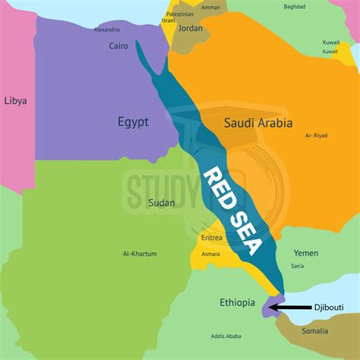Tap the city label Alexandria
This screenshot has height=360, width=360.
(x=107, y=30)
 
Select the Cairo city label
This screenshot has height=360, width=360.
(x=118, y=46)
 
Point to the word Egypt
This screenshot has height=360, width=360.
(x=133, y=122)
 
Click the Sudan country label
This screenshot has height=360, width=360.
(x=162, y=202)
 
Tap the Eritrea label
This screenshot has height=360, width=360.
(x=213, y=238)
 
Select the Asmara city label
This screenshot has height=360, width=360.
(x=210, y=254)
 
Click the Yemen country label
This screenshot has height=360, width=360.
(x=306, y=253)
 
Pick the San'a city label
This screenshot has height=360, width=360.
(x=296, y=266)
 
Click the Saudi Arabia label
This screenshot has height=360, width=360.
(x=257, y=122)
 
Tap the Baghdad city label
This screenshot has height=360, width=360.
(x=273, y=7)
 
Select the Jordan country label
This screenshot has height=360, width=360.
(x=191, y=28)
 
